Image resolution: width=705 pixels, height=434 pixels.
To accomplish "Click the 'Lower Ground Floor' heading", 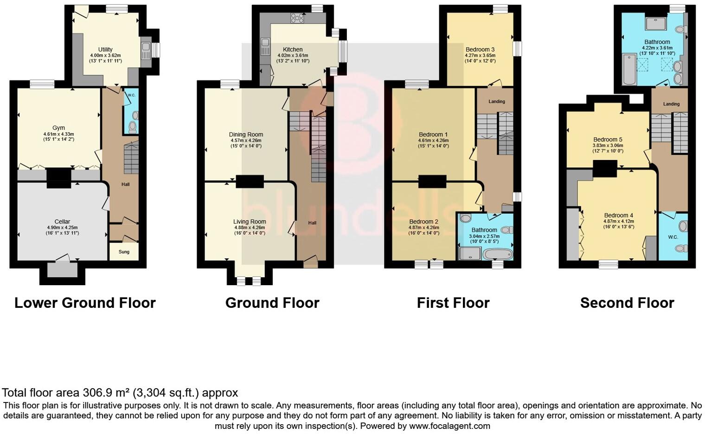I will point(85,303).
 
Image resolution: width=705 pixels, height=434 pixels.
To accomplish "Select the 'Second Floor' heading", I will point(627,303).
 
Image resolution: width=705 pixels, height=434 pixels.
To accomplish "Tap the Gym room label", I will point(58,128).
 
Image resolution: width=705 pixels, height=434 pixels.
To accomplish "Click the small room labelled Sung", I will point(124,252).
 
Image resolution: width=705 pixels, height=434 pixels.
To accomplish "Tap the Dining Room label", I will point(246,134).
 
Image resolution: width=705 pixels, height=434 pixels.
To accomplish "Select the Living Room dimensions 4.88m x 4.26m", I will point(250,228).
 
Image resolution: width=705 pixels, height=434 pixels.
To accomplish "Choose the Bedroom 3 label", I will point(480,50).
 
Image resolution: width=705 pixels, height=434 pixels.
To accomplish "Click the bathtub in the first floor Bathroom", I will point(497,254).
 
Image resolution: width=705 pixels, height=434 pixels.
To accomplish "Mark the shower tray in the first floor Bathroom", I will point(469,253).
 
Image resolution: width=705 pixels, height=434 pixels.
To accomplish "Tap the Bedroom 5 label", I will point(608,140).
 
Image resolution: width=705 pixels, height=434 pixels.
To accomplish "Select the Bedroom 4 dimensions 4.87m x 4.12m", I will point(619,221).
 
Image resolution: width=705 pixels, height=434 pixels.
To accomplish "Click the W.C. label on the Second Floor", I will point(673,237).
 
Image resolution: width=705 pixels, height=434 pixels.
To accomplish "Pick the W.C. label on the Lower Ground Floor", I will point(131,95).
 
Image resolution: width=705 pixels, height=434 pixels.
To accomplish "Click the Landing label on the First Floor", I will point(497,102).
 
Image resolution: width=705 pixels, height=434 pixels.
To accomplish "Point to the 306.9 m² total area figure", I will point(106,393).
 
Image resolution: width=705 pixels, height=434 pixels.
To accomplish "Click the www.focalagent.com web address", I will point(449,426).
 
